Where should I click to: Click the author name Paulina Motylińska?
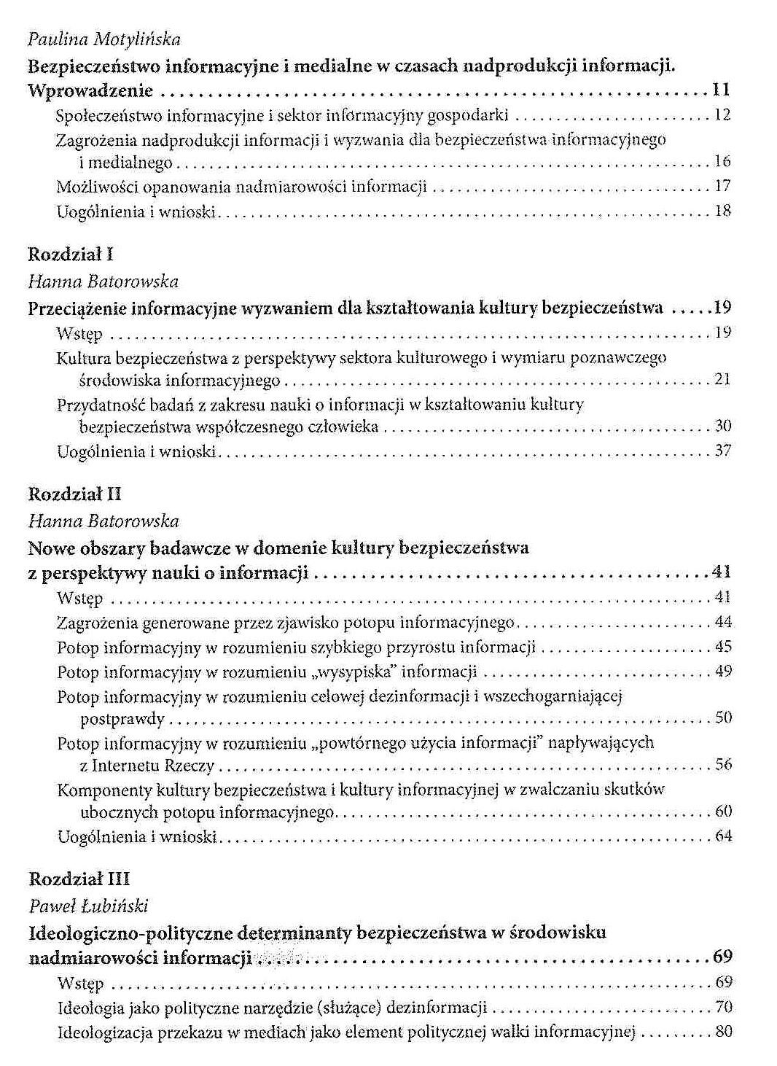(x=104, y=39)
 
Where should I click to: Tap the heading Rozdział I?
(x=71, y=255)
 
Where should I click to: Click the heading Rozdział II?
(x=74, y=495)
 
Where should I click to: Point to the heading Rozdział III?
(x=78, y=879)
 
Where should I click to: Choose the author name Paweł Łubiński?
(x=88, y=906)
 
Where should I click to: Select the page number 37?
(x=722, y=451)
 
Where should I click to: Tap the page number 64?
(x=723, y=836)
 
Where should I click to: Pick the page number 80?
(x=723, y=1032)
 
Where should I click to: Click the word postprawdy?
(x=122, y=720)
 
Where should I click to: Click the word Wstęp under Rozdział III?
(x=80, y=984)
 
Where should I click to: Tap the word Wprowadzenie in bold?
(x=90, y=91)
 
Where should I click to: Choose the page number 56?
(x=723, y=765)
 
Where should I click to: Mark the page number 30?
(x=722, y=426)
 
